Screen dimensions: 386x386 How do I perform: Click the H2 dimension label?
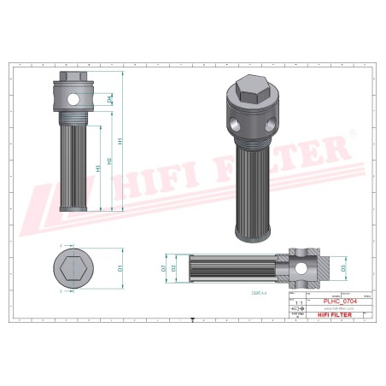(112, 159)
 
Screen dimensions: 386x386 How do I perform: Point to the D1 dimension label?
(121, 267)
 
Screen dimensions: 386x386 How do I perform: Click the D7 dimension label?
(163, 267)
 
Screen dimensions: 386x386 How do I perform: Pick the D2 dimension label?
(174, 267)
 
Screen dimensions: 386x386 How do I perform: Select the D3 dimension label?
(343, 267)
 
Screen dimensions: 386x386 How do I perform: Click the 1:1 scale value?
(298, 302)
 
